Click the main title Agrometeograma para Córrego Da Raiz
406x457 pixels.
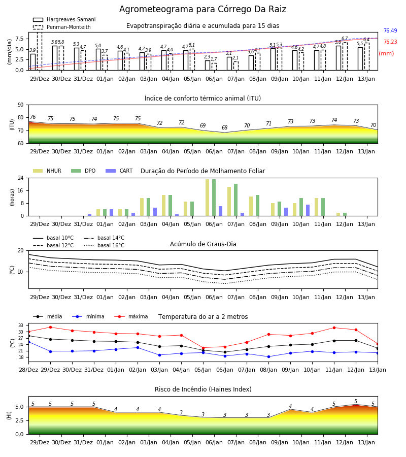pos(202,9)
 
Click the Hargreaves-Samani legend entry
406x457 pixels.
pos(64,19)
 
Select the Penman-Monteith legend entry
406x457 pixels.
pos(62,27)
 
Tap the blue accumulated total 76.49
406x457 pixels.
pos(390,30)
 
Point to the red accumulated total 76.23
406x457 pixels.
pos(390,42)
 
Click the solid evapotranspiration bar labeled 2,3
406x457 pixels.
pos(208,66)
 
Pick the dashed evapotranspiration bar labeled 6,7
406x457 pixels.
pos(345,56)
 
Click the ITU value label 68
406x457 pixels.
pos(224,127)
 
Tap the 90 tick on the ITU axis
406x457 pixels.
pos(21,105)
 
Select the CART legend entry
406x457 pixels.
pos(119,171)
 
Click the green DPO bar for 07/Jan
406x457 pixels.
pos(235,200)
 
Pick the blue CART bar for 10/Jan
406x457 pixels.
pos(308,210)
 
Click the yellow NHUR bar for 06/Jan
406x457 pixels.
pos(208,198)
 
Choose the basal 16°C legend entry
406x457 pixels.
pos(104,245)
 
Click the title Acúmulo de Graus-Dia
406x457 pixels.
pos(203,244)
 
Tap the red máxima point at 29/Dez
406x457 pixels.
pos(50,327)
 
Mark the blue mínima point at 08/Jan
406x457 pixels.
pos(268,356)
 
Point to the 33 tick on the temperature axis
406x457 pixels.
pos(21,325)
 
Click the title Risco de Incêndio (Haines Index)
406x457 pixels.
pos(203,389)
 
